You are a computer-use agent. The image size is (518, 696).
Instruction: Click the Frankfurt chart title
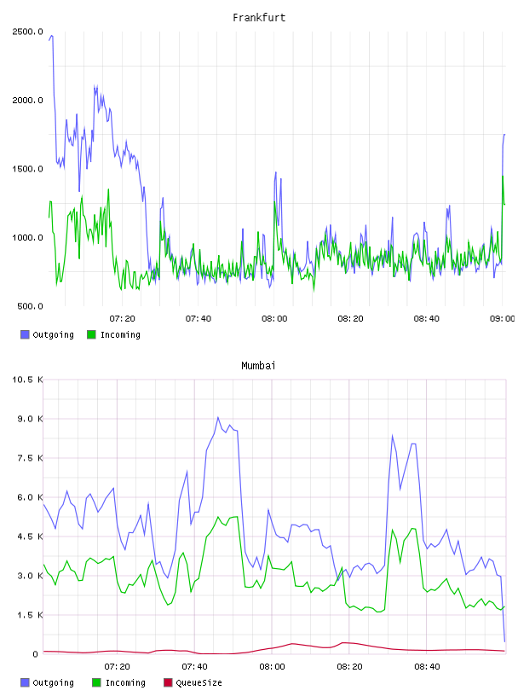(259, 17)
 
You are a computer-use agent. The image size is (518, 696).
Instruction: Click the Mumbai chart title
(258, 365)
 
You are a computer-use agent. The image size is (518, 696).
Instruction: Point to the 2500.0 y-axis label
(27, 32)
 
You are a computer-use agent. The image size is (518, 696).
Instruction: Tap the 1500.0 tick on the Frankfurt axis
(27, 169)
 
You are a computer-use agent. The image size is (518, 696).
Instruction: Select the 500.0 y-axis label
(30, 306)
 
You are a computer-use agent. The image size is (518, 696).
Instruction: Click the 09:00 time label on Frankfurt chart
(502, 318)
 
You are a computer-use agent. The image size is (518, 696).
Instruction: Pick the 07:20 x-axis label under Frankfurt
(122, 318)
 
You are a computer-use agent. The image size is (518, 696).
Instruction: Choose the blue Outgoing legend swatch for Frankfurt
(25, 334)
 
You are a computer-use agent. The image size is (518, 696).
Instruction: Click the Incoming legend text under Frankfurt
(120, 334)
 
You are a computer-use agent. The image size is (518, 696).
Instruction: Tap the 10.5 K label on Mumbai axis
(27, 380)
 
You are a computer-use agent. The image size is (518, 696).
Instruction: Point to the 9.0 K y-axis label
(30, 419)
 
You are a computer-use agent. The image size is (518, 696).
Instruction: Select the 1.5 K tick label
(30, 615)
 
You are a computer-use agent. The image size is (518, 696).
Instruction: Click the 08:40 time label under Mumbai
(427, 666)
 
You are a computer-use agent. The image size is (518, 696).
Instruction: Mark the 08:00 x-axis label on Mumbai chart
(272, 666)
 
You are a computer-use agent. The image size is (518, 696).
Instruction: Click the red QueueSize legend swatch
(168, 682)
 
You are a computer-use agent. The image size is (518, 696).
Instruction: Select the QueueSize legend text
(199, 682)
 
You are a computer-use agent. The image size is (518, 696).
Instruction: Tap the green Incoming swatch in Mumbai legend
(96, 682)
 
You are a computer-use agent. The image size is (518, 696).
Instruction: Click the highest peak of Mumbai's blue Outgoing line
(218, 417)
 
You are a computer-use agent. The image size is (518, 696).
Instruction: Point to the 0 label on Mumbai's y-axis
(36, 654)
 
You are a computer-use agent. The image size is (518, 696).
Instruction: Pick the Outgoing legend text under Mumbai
(53, 682)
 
